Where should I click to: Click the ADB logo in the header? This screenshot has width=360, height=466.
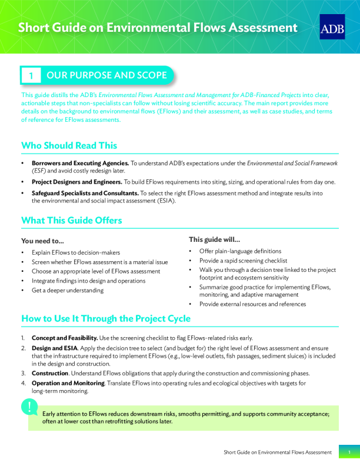point(332,27)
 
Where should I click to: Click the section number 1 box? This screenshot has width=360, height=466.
point(31,76)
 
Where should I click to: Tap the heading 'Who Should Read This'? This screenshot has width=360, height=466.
point(69,145)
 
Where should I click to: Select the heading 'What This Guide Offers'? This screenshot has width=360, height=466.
point(71,220)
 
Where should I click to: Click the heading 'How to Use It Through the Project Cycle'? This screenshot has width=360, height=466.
point(106,318)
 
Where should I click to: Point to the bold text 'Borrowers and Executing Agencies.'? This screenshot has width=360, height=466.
point(81,162)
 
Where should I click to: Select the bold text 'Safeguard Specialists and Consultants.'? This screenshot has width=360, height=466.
point(85,193)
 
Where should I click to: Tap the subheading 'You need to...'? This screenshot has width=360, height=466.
point(42,241)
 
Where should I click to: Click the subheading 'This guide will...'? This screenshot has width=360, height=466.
point(214,239)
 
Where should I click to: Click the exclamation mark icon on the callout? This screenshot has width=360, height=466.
point(29,407)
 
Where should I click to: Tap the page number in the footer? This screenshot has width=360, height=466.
point(349,452)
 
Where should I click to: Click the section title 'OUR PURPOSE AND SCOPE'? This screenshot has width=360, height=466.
point(106,75)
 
